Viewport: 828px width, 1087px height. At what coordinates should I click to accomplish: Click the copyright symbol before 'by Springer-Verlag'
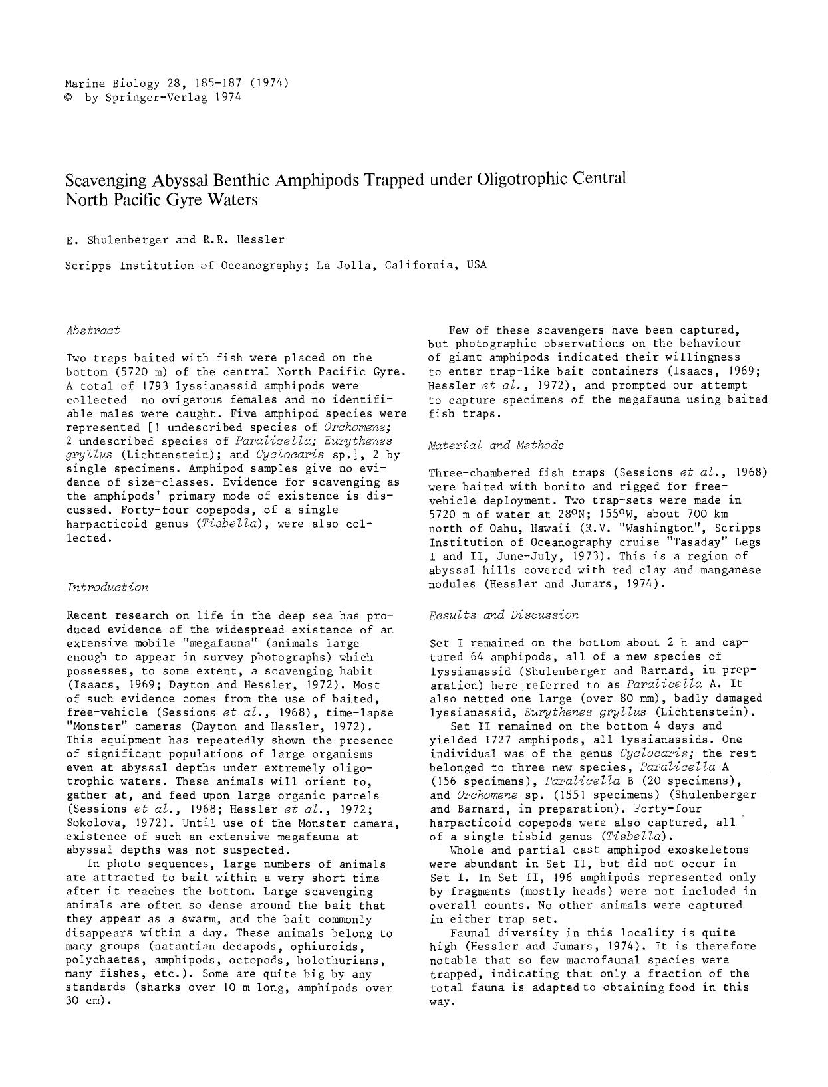[x=69, y=98]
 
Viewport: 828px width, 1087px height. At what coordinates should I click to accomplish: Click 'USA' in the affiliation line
[x=477, y=264]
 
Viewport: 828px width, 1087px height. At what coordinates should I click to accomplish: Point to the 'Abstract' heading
[x=93, y=330]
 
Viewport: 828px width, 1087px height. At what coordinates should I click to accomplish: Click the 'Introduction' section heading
[x=107, y=587]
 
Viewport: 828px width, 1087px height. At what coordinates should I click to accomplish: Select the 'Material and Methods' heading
[x=495, y=445]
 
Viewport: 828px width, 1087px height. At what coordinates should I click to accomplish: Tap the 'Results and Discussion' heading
[x=503, y=615]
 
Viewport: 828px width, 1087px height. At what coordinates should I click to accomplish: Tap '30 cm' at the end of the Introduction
[x=83, y=1001]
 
